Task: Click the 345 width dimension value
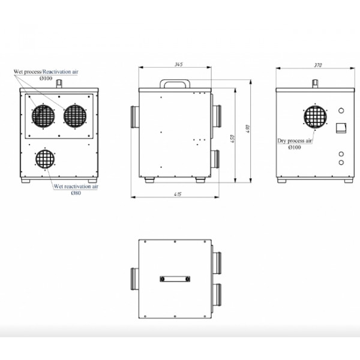click(178, 64)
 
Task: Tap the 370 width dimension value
click(318, 65)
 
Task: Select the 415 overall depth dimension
click(178, 194)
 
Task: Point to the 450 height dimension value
click(232, 139)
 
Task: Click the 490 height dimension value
click(247, 129)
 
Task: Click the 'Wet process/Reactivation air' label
click(46, 71)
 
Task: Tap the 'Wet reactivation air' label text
click(76, 186)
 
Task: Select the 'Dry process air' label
click(295, 141)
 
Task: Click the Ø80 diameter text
click(76, 193)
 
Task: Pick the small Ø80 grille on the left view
click(45, 159)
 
